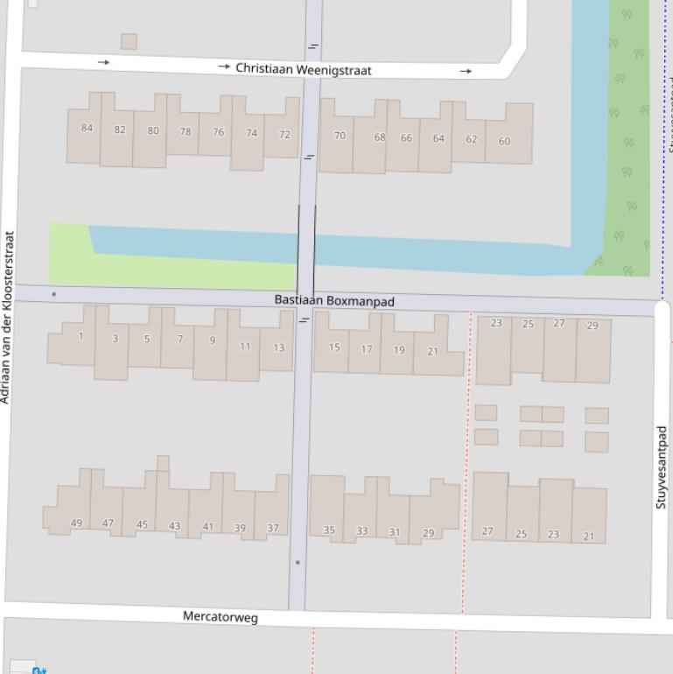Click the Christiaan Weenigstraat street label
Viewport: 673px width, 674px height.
point(304,68)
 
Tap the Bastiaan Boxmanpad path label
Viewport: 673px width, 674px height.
point(334,301)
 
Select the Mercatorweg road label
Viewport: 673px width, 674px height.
point(221,617)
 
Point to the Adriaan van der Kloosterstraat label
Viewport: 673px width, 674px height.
point(8,317)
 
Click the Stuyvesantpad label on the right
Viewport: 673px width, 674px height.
point(662,467)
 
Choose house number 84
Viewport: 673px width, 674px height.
point(87,128)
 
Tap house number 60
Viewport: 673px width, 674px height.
point(504,141)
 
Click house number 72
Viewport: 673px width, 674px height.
point(284,135)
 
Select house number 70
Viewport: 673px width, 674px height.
point(340,136)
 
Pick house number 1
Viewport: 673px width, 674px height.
point(81,336)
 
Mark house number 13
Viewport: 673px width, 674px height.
point(278,348)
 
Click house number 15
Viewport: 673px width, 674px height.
point(334,348)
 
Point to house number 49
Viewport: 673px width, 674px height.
point(76,523)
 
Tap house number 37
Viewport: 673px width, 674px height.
point(273,528)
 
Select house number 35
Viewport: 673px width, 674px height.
point(329,530)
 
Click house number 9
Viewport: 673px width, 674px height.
point(212,341)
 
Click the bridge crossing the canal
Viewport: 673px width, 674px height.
point(306,249)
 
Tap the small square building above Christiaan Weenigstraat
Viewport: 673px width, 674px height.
point(129,41)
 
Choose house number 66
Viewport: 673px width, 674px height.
point(406,138)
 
